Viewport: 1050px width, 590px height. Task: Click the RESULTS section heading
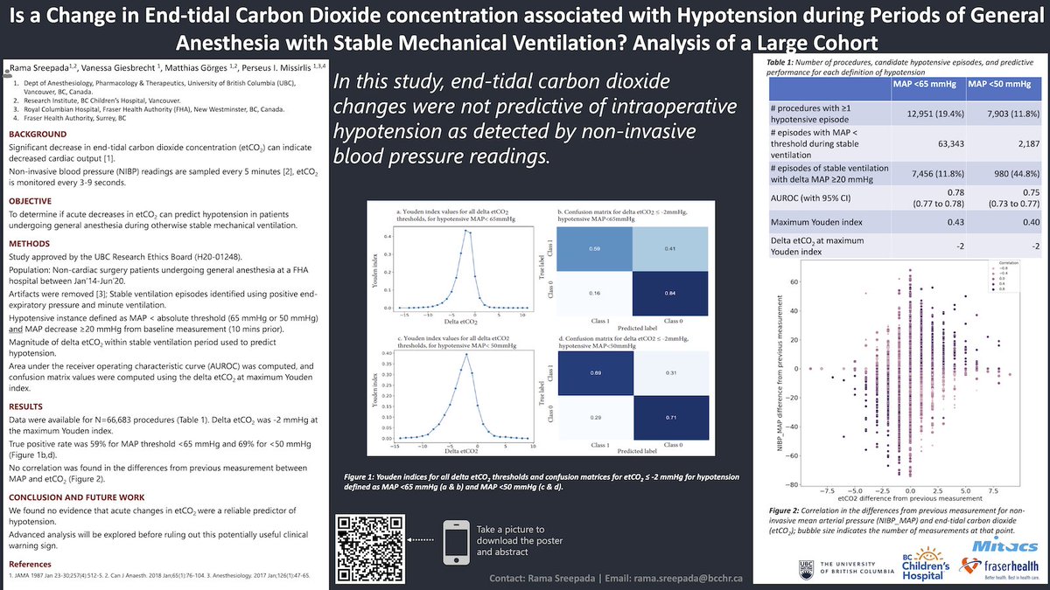point(30,406)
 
